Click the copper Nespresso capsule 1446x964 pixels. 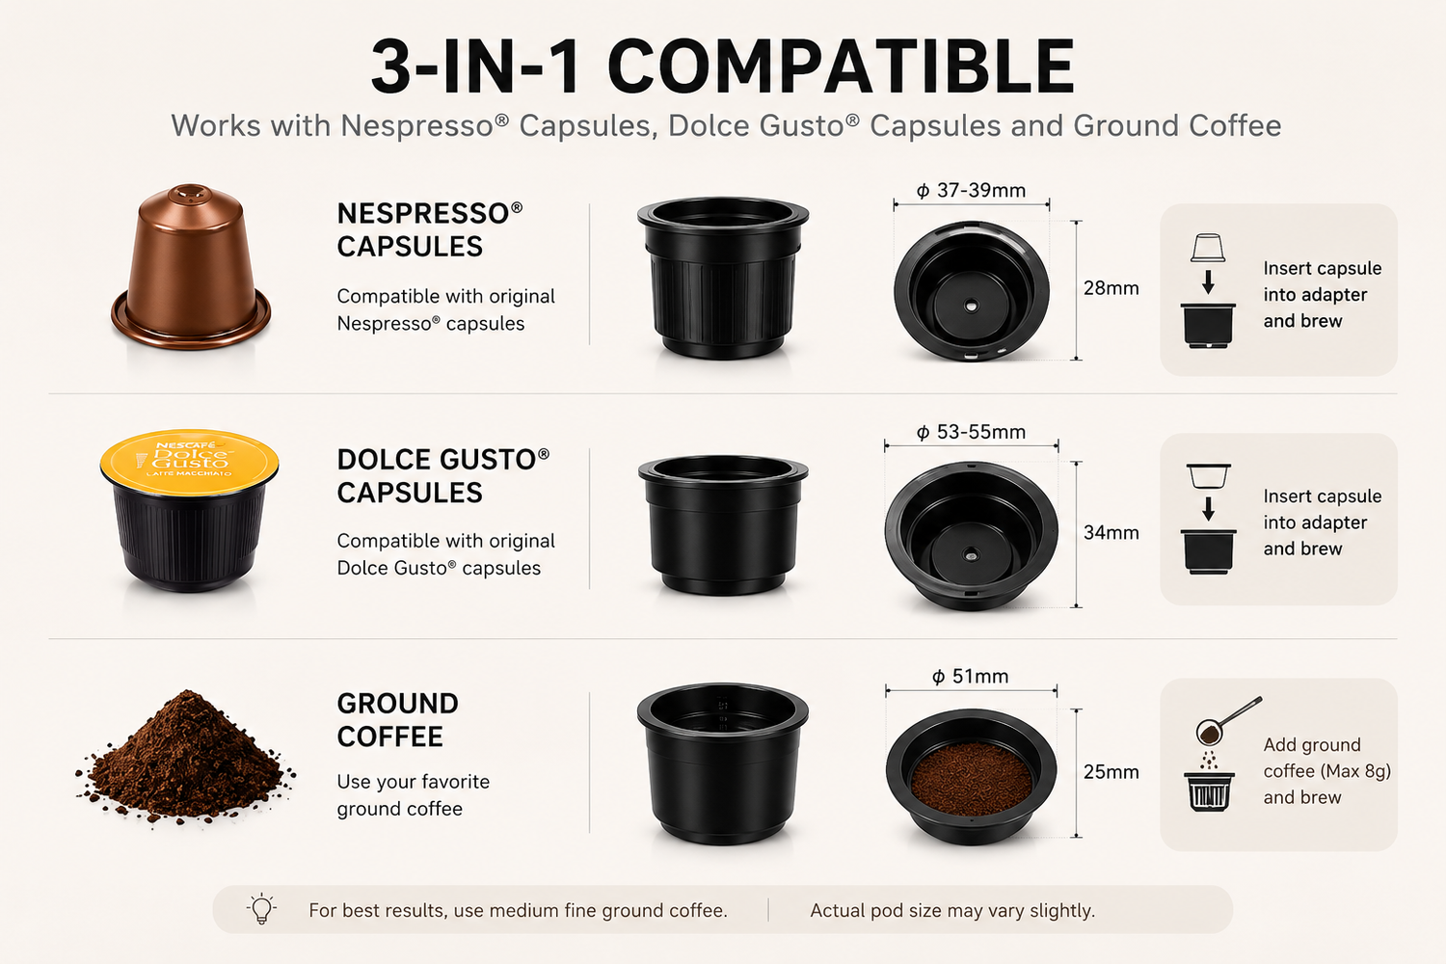click(x=191, y=267)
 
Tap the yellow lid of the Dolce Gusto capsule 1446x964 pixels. click(x=189, y=462)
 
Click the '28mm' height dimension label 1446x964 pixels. click(x=1111, y=288)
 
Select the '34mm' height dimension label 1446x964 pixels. click(x=1111, y=533)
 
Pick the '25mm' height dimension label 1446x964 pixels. click(x=1111, y=771)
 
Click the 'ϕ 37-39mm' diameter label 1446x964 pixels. click(x=971, y=191)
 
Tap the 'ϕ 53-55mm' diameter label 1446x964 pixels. click(x=971, y=432)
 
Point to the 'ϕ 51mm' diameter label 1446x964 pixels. click(x=970, y=676)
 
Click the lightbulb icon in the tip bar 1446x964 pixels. click(x=261, y=908)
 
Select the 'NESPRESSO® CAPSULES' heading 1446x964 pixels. click(x=429, y=229)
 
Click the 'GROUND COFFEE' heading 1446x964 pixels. click(x=397, y=720)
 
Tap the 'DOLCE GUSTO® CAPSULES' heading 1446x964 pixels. click(x=442, y=476)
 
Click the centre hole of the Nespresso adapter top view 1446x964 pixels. click(x=971, y=306)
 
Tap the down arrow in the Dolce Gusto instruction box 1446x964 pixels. click(x=1208, y=508)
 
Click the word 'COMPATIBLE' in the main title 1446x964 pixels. click(x=841, y=67)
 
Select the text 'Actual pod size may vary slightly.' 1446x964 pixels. click(x=952, y=910)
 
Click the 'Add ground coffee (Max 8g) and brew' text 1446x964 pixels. click(x=1326, y=771)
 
